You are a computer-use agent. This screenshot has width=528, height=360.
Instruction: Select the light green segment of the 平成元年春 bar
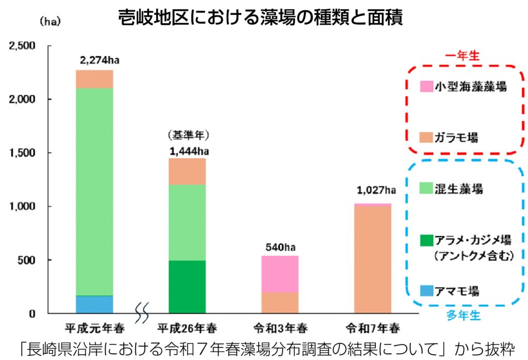pos(94,191)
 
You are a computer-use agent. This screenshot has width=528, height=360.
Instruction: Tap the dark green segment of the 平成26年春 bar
pos(187,286)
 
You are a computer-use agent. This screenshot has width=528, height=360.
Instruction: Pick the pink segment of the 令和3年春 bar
pos(279,274)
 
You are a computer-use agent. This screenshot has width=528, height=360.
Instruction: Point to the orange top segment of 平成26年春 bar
pos(187,171)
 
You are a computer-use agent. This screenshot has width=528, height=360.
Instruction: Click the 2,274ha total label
pos(100,61)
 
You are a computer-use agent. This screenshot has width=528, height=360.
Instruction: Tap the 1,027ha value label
pos(376,191)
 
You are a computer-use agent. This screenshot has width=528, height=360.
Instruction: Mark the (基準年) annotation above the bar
pos(186,136)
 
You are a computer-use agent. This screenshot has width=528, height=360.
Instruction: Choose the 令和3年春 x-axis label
pos(279,329)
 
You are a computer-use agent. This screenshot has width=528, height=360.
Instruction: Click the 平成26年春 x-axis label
pos(187,329)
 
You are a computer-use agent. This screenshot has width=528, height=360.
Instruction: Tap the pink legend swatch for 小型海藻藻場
pos(426,87)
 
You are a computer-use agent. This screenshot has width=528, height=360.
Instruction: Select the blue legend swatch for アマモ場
pos(426,291)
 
